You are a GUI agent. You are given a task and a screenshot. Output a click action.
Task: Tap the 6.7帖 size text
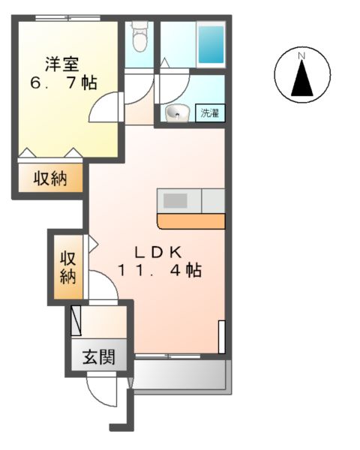64,82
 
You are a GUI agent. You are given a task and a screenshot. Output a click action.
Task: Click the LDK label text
158,251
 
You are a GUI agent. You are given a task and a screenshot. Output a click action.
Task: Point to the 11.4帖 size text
158,271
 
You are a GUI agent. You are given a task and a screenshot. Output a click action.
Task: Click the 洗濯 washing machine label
210,114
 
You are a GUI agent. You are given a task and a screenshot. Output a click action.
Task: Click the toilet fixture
139,34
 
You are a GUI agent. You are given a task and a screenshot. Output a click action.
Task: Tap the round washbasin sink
177,113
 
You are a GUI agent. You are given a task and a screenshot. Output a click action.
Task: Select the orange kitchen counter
190,221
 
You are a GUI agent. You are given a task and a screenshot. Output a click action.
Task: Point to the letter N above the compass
301,55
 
